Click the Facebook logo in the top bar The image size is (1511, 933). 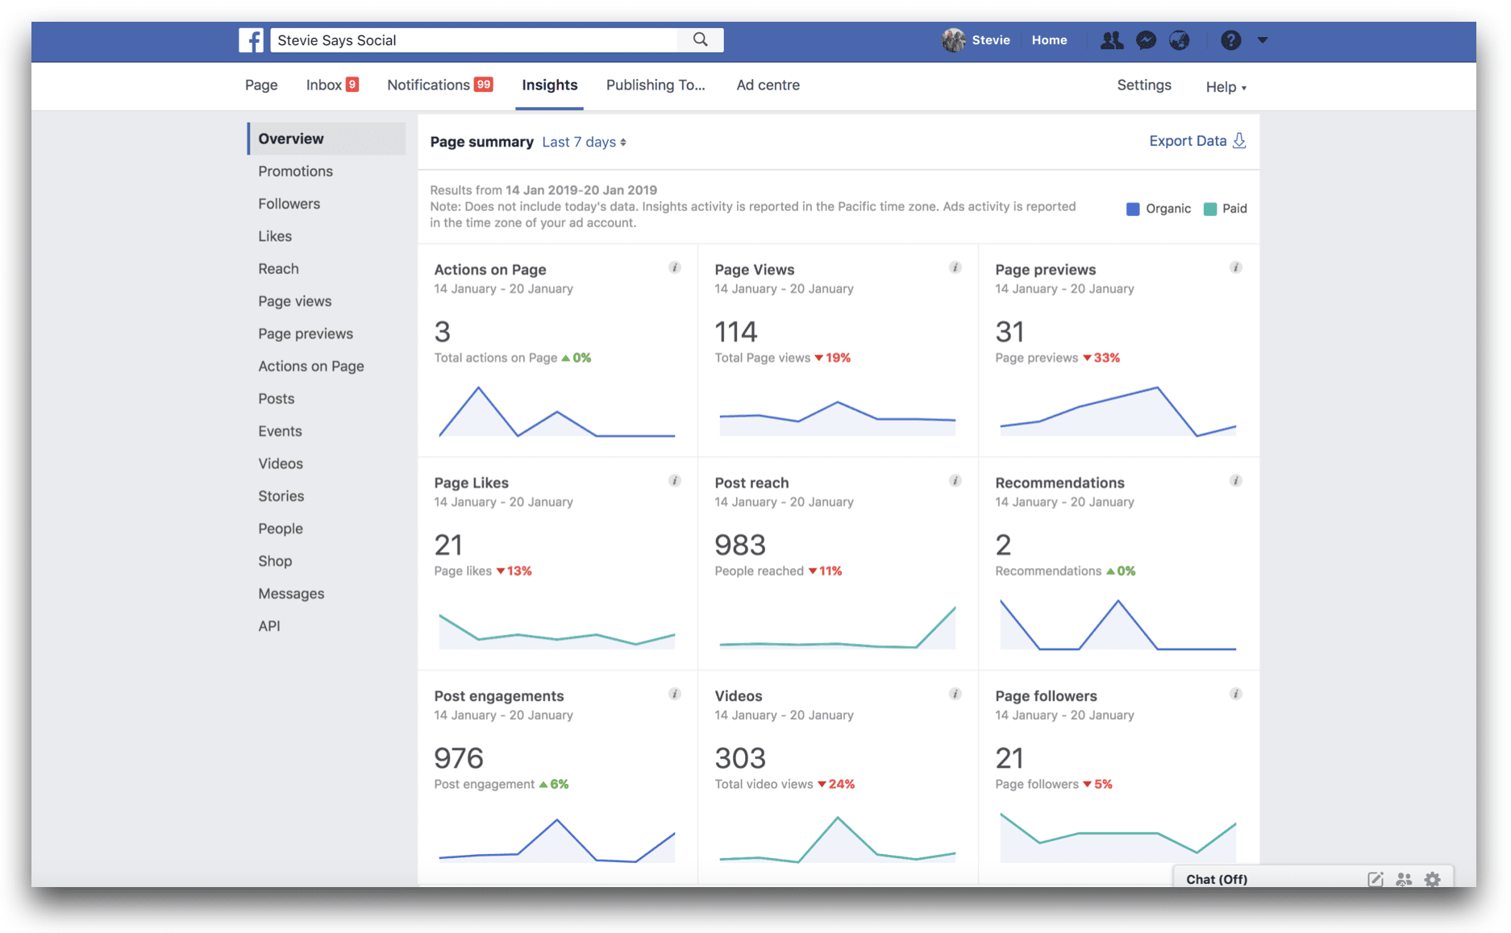point(251,40)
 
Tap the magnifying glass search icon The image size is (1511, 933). point(700,39)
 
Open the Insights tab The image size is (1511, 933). point(549,85)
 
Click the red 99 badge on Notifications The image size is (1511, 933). point(484,85)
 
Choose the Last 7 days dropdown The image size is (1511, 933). point(584,143)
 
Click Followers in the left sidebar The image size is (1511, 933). point(289,204)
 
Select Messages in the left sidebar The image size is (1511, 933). point(291,594)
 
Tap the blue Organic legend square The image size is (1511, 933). point(1132,209)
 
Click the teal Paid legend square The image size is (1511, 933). point(1209,209)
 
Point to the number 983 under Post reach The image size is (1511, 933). point(739,545)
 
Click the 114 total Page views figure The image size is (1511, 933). point(735,332)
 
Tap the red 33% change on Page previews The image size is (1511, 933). point(1105,358)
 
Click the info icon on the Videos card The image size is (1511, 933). point(955,694)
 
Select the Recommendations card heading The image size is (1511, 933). point(1059,483)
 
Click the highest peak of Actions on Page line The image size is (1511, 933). point(478,389)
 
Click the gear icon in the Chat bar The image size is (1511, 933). point(1432,879)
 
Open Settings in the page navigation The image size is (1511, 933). point(1143,85)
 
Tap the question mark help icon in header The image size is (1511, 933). point(1230,40)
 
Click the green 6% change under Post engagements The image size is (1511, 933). point(558,784)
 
